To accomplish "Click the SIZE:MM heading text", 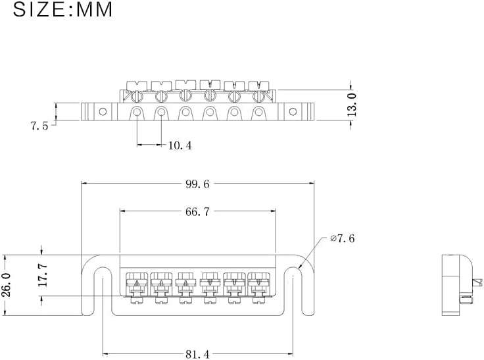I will point(62,11).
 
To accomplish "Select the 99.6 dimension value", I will point(197,185).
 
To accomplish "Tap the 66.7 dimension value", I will point(197,211).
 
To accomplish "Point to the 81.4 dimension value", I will point(197,354).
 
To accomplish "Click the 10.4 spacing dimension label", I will point(180,145).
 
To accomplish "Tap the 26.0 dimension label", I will point(7,285).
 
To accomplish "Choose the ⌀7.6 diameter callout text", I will point(343,238).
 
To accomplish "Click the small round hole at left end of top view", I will point(102,111).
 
